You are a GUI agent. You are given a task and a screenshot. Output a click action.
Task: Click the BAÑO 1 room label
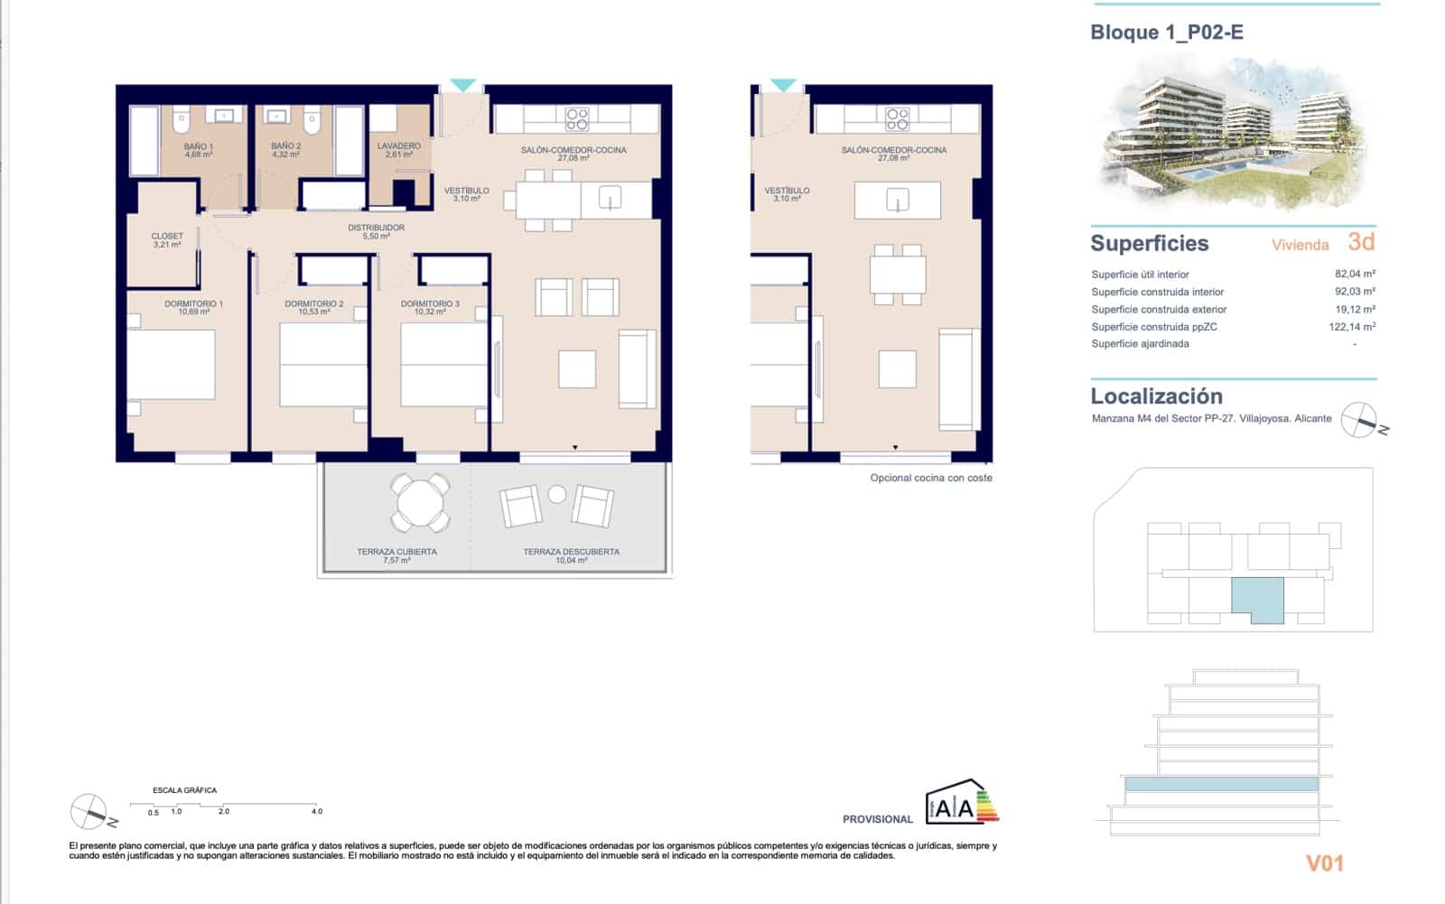point(198,150)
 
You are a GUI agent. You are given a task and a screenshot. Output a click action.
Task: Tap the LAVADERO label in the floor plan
point(398,150)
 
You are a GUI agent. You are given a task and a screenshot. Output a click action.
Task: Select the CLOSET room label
point(167,240)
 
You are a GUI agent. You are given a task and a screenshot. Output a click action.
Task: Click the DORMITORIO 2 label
point(313,307)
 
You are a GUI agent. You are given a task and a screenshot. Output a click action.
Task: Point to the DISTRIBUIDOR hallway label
point(376,231)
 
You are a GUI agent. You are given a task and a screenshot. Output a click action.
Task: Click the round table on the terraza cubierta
point(420,503)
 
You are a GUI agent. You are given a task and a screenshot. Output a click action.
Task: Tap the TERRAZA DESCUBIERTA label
point(571,555)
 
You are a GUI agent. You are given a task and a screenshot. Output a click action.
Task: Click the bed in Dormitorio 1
point(172,365)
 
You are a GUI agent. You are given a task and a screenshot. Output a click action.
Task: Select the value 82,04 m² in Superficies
point(1354,274)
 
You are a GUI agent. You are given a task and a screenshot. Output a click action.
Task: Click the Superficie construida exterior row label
point(1159,309)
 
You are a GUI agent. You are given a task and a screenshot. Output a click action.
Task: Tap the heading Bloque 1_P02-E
point(1166,33)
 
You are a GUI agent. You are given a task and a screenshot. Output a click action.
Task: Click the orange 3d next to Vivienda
point(1360,242)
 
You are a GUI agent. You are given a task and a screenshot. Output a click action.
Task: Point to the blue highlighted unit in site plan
point(1257,599)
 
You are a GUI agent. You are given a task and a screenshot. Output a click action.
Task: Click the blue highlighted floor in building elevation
point(1221,784)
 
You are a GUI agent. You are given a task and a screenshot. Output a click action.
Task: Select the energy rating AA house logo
point(961,803)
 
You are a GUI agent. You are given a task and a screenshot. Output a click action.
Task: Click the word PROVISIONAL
point(877,819)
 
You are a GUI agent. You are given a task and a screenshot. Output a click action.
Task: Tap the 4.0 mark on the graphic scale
point(316,811)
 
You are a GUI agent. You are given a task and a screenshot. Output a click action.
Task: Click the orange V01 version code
point(1324,863)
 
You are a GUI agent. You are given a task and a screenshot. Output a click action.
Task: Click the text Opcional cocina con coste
point(930,478)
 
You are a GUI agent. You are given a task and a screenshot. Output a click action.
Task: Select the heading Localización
point(1156,396)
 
